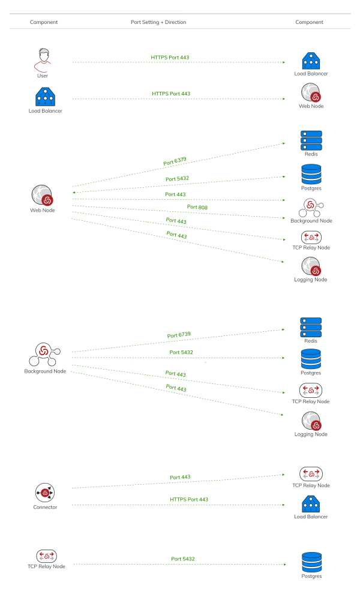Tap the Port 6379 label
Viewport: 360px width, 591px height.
[x=175, y=161]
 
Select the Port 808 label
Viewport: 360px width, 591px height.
[x=197, y=207]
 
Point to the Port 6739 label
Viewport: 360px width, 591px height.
[x=179, y=335]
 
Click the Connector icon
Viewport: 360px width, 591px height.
[x=45, y=493]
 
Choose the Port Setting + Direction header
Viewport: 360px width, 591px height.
[x=158, y=22]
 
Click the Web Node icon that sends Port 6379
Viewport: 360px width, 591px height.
[x=43, y=196]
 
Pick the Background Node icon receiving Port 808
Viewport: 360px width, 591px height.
[x=311, y=207]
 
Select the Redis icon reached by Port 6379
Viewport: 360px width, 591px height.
[x=311, y=140]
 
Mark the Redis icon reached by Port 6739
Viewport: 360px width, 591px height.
[x=311, y=327]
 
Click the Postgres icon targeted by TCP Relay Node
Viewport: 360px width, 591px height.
[x=311, y=562]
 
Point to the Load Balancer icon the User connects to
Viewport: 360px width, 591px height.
[x=311, y=61]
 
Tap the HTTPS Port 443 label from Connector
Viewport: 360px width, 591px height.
[x=189, y=499]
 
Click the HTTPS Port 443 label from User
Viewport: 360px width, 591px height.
[x=170, y=58]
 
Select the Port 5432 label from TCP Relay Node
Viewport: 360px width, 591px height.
[x=182, y=559]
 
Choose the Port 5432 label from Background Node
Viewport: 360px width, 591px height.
[x=181, y=352]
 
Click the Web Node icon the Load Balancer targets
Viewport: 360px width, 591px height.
[x=311, y=93]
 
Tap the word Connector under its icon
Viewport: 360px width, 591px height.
[x=45, y=508]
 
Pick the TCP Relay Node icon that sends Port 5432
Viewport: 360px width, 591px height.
[x=46, y=556]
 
